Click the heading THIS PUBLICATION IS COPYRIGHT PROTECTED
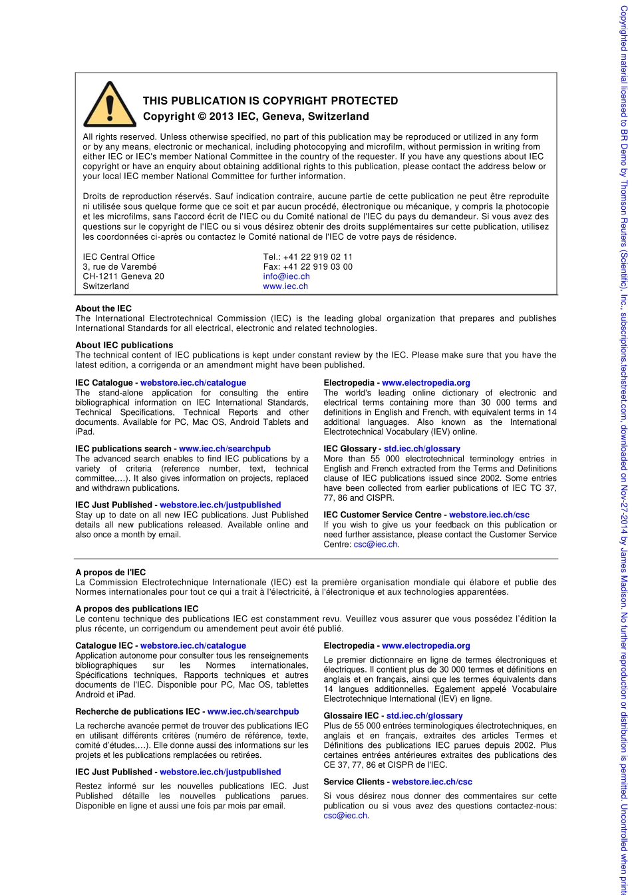click(x=270, y=101)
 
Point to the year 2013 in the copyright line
click(x=222, y=117)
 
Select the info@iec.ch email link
click(x=286, y=276)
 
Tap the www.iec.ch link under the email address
click(x=285, y=286)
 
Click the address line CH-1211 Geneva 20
click(x=123, y=276)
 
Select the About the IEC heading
click(x=103, y=309)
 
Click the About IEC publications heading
click(x=124, y=345)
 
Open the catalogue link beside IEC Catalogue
click(x=193, y=383)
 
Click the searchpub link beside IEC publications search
click(x=225, y=449)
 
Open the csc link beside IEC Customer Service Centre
click(x=489, y=515)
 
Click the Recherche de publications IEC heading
click(x=140, y=712)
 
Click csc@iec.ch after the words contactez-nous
click(x=346, y=815)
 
